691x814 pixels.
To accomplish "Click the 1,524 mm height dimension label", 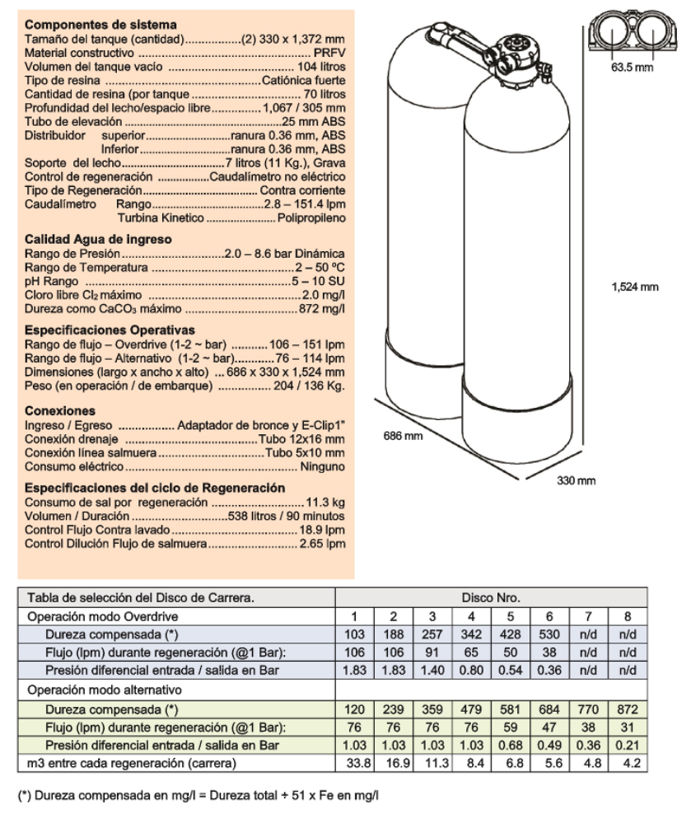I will pyautogui.click(x=636, y=287).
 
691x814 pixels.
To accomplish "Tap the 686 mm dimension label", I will pyautogui.click(x=403, y=435).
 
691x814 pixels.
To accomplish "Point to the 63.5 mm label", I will pyautogui.click(x=632, y=67).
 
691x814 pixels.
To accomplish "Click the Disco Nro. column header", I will pyautogui.click(x=491, y=598).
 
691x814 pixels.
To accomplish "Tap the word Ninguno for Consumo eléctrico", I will pyautogui.click(x=324, y=467).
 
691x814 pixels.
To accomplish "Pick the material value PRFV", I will pyautogui.click(x=329, y=52).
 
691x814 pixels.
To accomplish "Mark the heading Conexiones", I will pyautogui.click(x=60, y=410).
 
